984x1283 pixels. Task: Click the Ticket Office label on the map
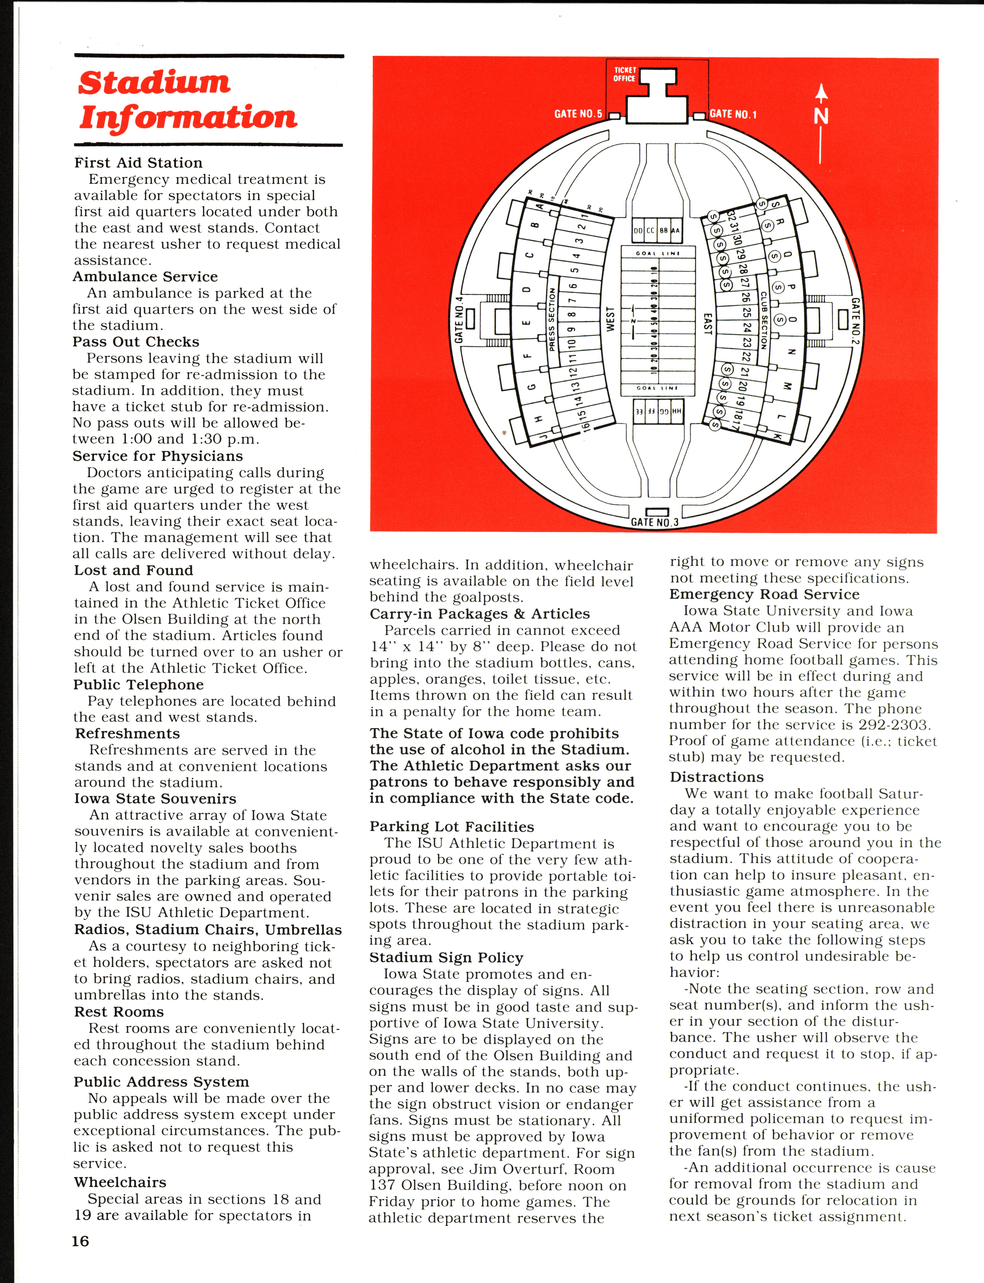pos(624,74)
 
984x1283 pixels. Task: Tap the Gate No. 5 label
pos(578,114)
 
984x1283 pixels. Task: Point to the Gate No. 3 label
pos(654,522)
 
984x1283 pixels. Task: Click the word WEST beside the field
pos(610,319)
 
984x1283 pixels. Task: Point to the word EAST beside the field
pos(707,324)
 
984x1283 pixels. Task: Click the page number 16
pos(80,1241)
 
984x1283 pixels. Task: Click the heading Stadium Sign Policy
pos(446,957)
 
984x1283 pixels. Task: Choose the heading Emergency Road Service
pos(764,594)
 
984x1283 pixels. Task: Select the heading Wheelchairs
pos(120,1182)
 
